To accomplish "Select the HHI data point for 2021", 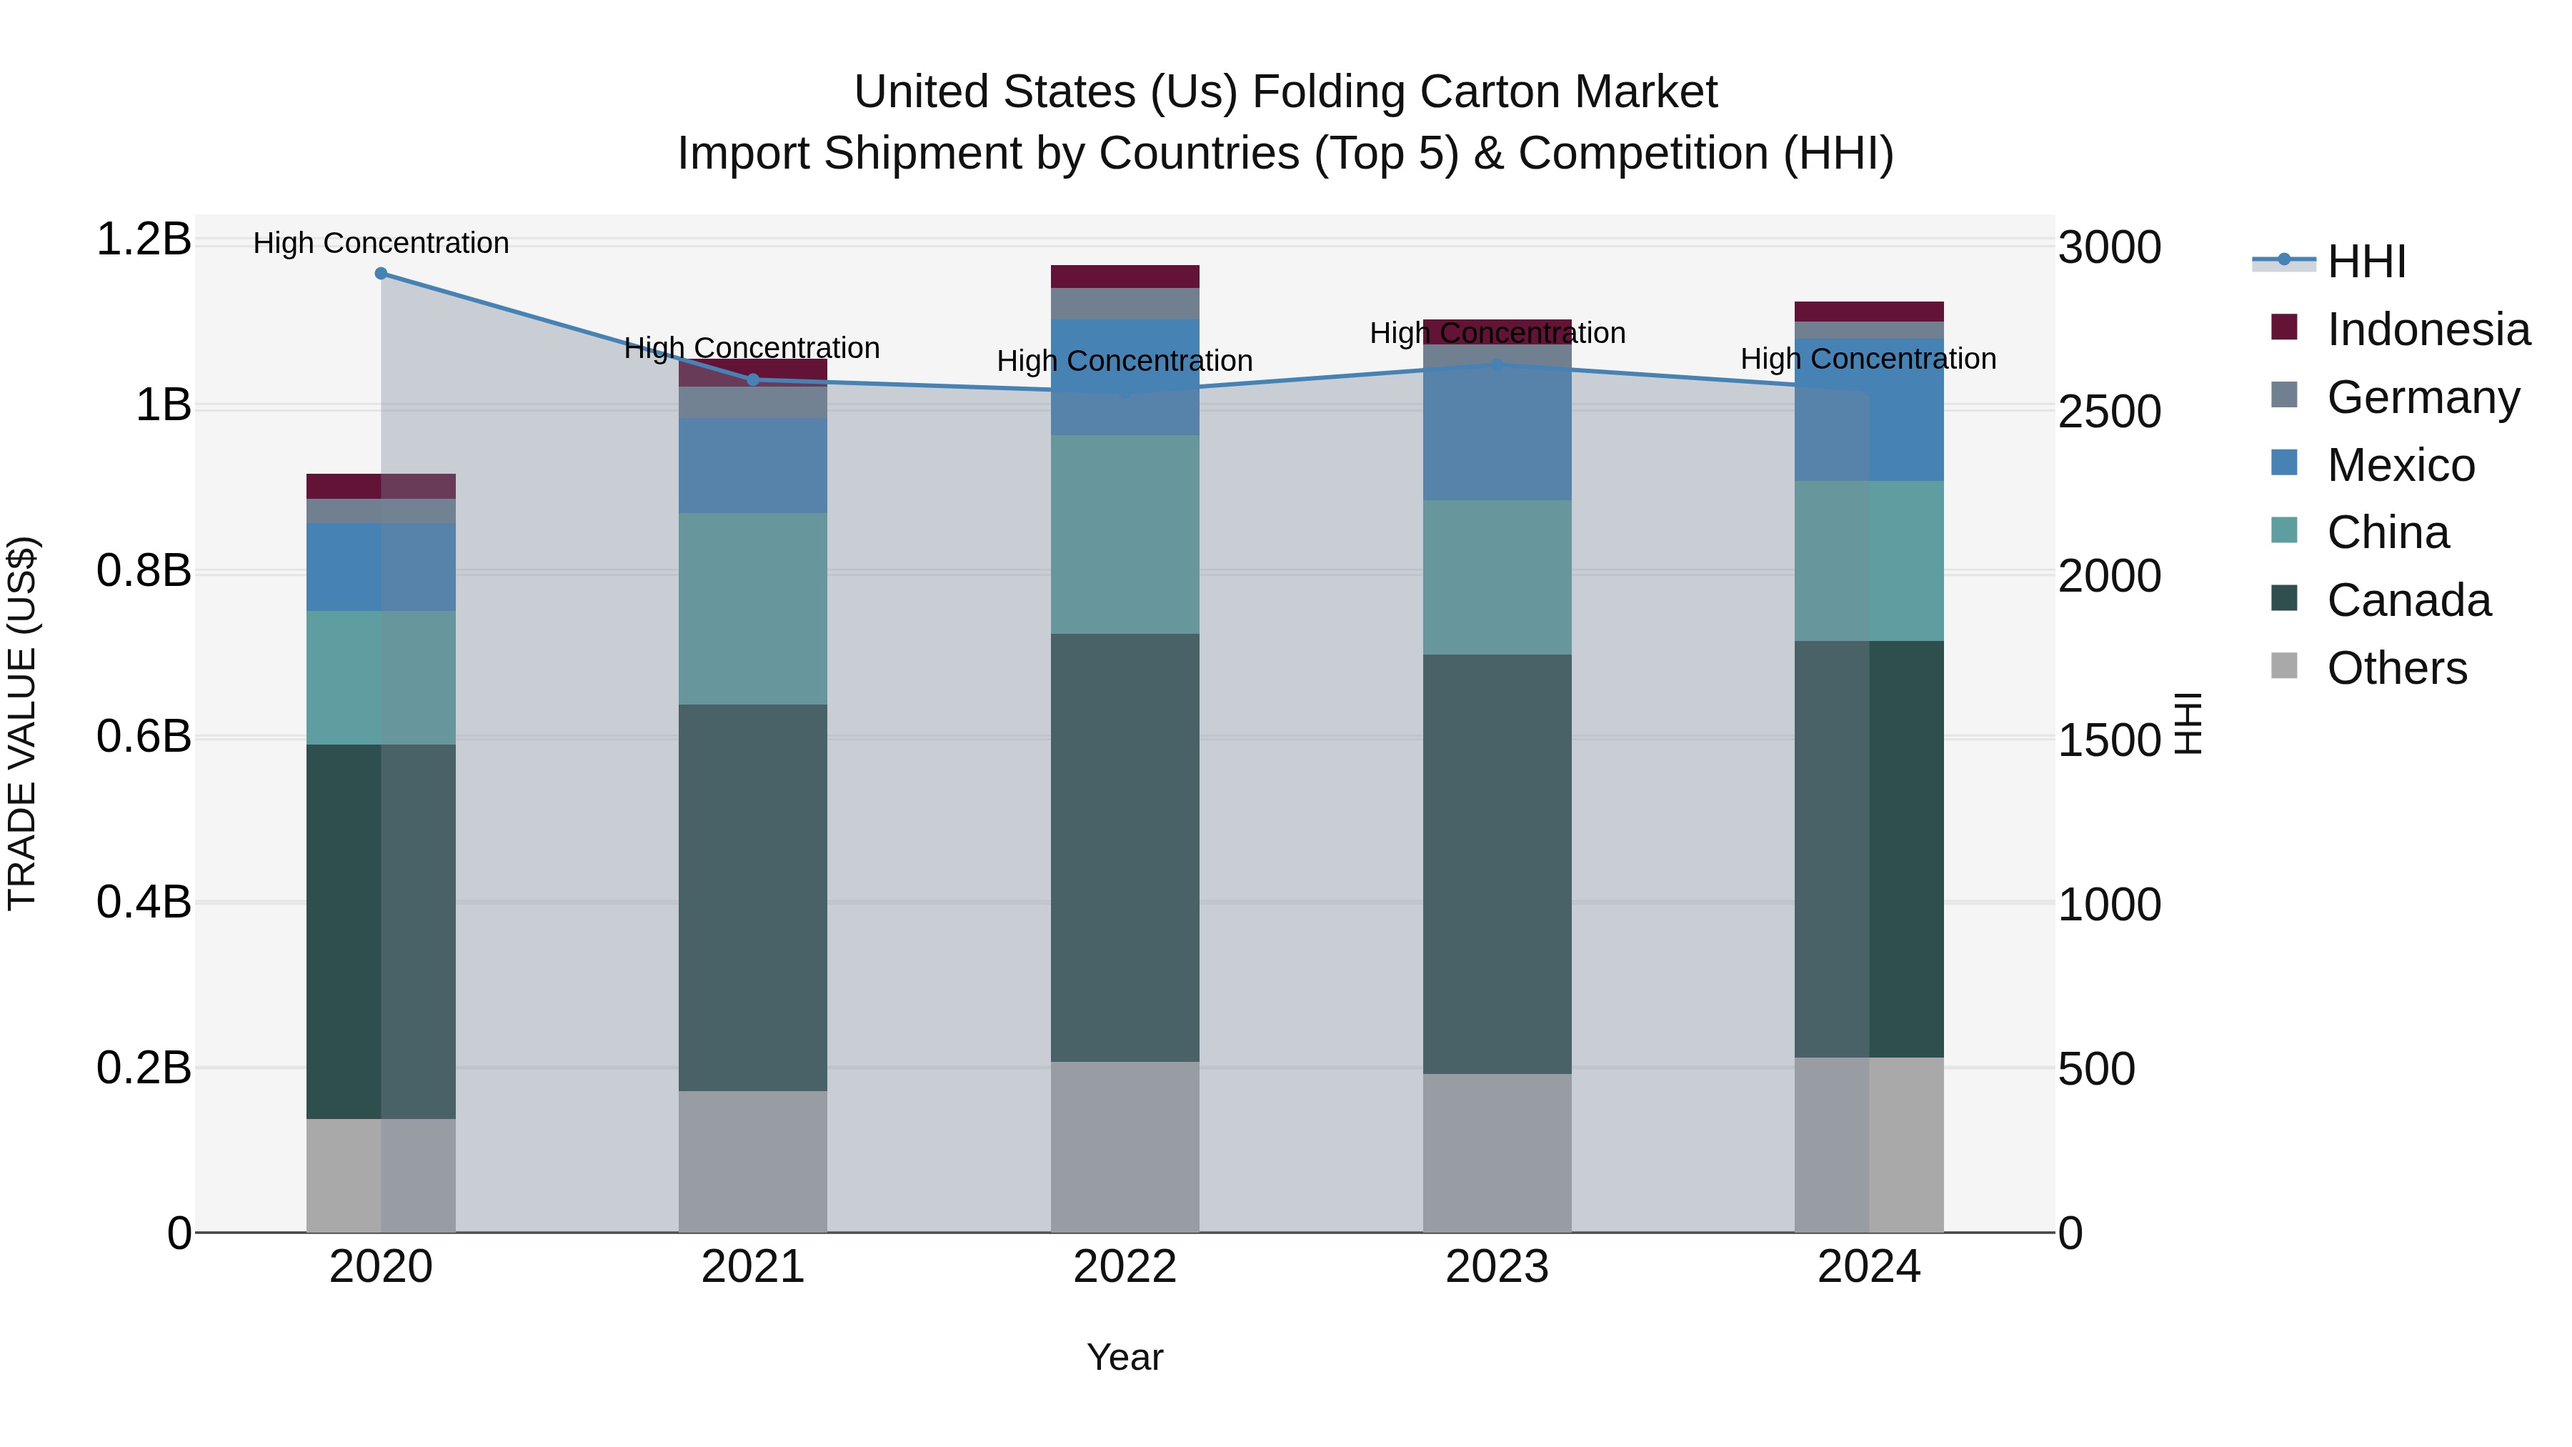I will click(x=753, y=379).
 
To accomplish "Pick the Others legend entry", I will click(x=2396, y=668).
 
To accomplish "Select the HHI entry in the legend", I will click(x=2366, y=262).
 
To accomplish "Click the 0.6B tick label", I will click(x=144, y=737).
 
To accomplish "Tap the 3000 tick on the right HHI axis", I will click(x=2110, y=248).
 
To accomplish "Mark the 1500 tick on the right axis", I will click(x=2110, y=741).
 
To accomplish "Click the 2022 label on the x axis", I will click(x=1125, y=1267).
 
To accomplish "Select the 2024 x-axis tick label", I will click(x=1868, y=1267).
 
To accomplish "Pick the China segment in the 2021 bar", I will click(x=753, y=609).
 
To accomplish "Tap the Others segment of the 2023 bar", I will click(x=1497, y=1153).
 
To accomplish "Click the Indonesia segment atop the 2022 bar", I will click(x=1125, y=277).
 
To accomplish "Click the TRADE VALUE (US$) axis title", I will click(x=22, y=723).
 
